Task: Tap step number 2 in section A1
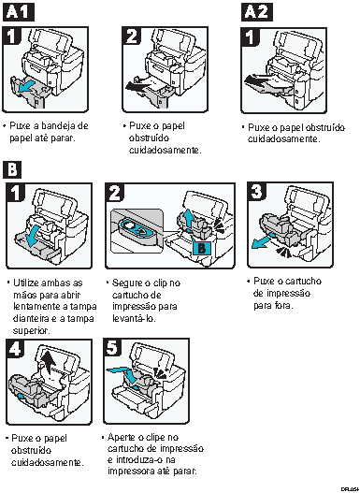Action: (132, 36)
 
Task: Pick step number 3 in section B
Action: (257, 192)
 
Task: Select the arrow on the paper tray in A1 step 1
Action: (30, 87)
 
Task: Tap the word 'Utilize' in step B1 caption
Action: (28, 281)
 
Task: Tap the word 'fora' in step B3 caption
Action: (281, 305)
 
